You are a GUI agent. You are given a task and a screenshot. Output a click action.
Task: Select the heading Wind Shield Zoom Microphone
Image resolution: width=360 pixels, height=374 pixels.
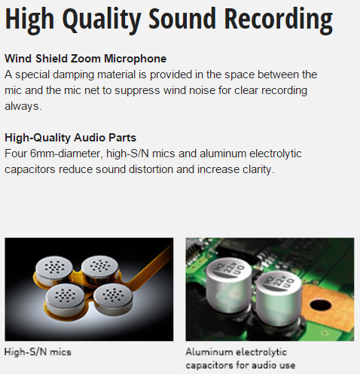pyautogui.click(x=86, y=59)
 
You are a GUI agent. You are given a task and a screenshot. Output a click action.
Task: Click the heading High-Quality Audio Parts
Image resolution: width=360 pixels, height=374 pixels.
pyautogui.click(x=71, y=138)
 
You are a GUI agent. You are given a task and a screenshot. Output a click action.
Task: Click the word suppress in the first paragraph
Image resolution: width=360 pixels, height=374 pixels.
pyautogui.click(x=137, y=91)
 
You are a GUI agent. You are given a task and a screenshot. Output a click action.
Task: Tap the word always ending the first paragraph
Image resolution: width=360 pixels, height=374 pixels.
pyautogui.click(x=23, y=106)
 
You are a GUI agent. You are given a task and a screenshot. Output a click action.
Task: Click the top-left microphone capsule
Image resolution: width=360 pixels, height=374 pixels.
pyautogui.click(x=54, y=269)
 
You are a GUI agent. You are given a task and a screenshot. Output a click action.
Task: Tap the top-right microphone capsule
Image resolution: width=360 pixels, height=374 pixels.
pyautogui.click(x=100, y=269)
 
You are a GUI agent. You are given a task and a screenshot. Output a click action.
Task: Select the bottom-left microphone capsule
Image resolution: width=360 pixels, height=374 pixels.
pyautogui.click(x=65, y=298)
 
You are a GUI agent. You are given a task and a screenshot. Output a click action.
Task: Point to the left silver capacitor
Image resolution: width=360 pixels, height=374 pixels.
pyautogui.click(x=228, y=284)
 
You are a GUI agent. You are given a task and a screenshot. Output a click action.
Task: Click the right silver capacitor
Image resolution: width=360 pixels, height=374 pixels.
pyautogui.click(x=279, y=298)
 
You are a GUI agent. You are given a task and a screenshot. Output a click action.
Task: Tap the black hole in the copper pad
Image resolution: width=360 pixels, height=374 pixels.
pyautogui.click(x=320, y=305)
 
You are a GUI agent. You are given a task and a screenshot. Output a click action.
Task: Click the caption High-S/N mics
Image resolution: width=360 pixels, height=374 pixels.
pyautogui.click(x=38, y=352)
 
